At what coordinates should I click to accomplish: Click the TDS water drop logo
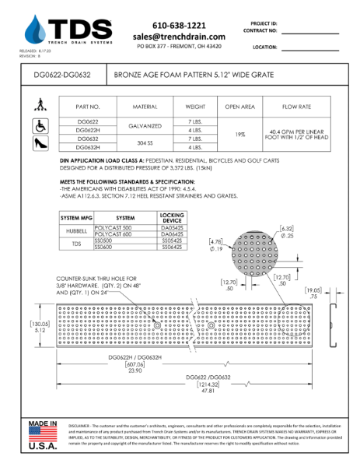pos(34,30)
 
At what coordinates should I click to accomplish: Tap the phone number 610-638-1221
pos(179,25)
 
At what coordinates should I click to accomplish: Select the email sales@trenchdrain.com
pos(179,37)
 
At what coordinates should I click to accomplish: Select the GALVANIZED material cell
pos(145,125)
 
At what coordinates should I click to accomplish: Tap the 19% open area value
pos(240,134)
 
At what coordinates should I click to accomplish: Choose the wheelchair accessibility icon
pos(39,125)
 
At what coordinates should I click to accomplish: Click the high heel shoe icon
pos(39,143)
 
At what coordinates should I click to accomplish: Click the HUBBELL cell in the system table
pos(75,231)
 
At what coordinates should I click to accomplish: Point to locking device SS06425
pos(171,246)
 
